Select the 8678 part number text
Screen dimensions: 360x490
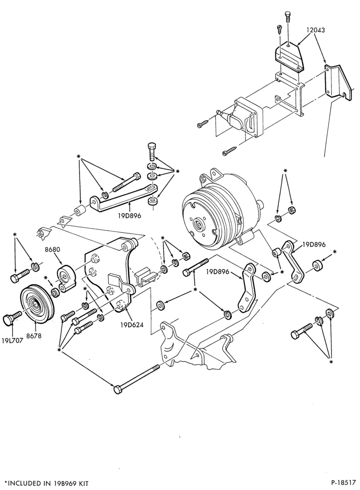tap(34, 336)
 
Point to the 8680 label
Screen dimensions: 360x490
tap(52, 250)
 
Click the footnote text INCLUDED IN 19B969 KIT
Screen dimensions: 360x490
tap(48, 484)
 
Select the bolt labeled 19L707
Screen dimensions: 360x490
tap(12, 318)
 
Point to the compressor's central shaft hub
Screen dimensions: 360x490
tap(198, 224)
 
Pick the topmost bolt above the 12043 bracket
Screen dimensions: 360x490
tap(288, 17)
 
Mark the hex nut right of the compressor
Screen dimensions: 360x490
tap(292, 210)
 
